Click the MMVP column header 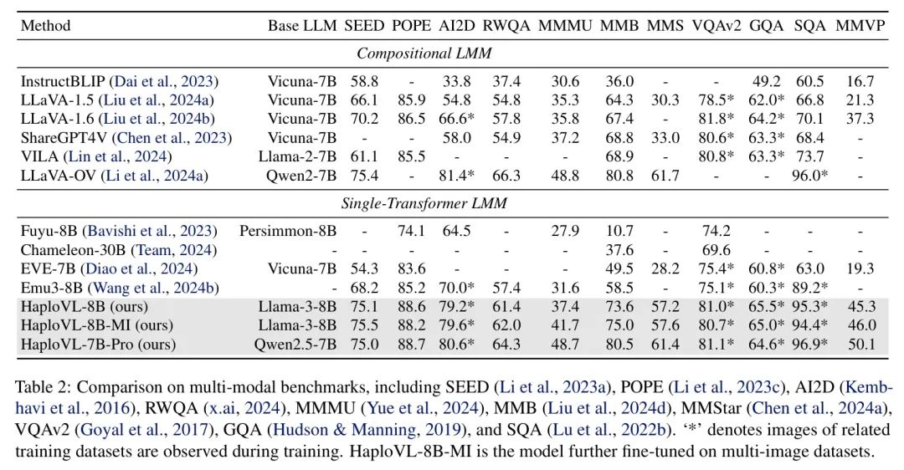coord(860,26)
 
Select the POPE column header coord(411,26)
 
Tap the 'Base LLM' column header coord(302,26)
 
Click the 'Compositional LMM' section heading coord(424,54)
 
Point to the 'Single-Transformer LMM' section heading coord(424,203)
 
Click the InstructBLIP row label coord(120,81)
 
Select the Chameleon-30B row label coord(119,250)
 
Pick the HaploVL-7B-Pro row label coord(98,345)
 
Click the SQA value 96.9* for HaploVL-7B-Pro coord(811,345)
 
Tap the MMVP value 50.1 coord(861,345)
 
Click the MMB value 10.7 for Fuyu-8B coord(619,231)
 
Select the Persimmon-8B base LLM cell coord(288,231)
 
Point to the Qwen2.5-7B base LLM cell coord(295,345)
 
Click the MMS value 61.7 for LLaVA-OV coord(665,176)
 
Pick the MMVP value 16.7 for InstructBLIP coord(860,81)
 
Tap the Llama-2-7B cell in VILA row coord(297,156)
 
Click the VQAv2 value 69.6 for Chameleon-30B coord(716,250)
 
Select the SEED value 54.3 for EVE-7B coord(364,269)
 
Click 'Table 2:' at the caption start coord(44,387)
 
